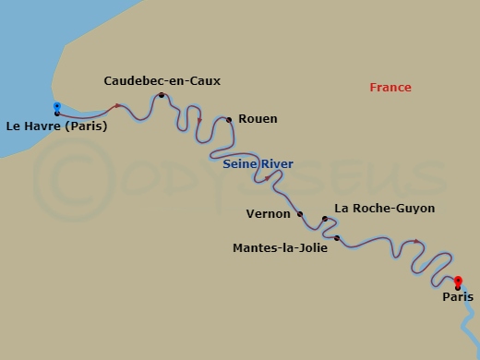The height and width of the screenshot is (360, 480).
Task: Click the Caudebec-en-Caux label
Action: [162, 80]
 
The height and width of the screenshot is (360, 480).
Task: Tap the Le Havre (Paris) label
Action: [56, 126]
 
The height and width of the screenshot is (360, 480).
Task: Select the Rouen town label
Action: [258, 119]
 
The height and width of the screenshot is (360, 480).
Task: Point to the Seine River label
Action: [258, 164]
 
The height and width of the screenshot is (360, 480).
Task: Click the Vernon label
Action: [270, 213]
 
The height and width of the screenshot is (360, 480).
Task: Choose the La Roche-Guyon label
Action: [384, 209]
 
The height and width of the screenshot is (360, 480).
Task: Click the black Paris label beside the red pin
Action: [457, 297]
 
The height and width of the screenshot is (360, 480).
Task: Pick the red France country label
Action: [390, 88]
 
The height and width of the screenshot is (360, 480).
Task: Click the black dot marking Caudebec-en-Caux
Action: [162, 95]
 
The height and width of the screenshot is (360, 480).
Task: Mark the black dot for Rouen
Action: [229, 119]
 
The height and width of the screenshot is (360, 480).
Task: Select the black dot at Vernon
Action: [300, 213]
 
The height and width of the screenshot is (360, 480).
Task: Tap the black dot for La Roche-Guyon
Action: [325, 219]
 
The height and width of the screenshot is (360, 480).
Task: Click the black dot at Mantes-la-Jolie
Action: [337, 239]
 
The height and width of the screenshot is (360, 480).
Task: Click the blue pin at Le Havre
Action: [57, 107]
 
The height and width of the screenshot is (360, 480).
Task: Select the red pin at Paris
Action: [458, 282]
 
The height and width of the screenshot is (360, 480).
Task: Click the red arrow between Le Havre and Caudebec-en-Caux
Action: [117, 106]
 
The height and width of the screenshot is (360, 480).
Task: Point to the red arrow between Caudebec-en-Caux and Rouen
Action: [199, 120]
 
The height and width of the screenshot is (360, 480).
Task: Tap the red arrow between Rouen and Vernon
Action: [267, 177]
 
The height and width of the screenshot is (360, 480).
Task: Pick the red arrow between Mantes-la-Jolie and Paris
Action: [416, 242]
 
